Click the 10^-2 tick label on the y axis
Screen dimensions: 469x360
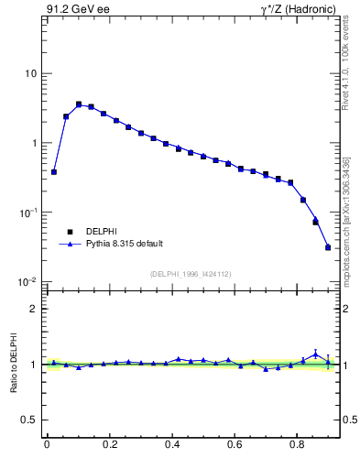coord(28,282)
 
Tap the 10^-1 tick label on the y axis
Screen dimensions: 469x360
coord(28,213)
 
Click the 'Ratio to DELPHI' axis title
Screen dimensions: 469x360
coord(12,365)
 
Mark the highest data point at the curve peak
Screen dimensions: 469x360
coord(79,104)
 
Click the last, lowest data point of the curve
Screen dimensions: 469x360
coord(328,247)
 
